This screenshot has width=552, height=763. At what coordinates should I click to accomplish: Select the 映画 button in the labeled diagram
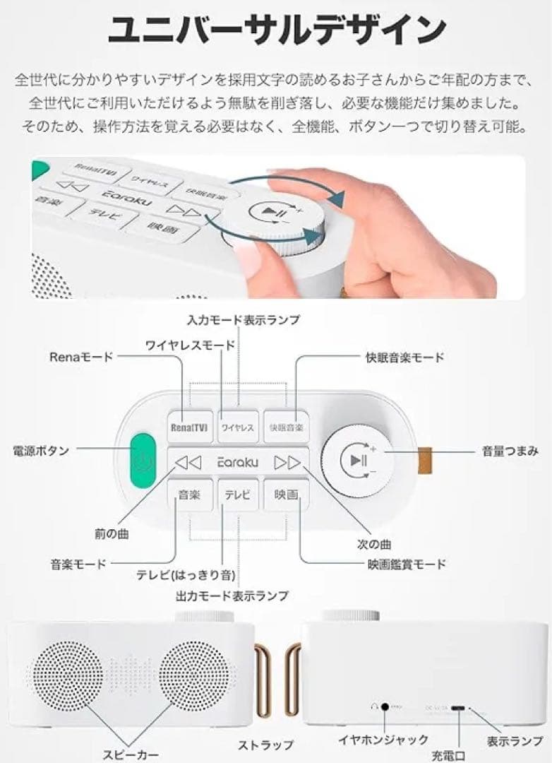[287, 495]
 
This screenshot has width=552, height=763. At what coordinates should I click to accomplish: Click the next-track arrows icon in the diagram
[287, 463]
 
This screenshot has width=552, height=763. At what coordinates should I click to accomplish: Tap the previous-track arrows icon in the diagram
[188, 463]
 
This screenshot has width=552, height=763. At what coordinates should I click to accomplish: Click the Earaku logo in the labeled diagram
[238, 462]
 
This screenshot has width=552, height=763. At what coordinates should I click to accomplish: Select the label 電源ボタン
[41, 450]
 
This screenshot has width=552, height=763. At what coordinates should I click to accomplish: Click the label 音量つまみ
[510, 450]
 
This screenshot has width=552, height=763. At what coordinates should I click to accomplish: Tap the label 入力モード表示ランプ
[243, 320]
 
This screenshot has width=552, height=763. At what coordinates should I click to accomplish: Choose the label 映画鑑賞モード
[407, 564]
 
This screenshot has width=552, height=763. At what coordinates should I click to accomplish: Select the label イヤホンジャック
[383, 740]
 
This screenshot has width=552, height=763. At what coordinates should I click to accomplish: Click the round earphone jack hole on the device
[386, 705]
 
